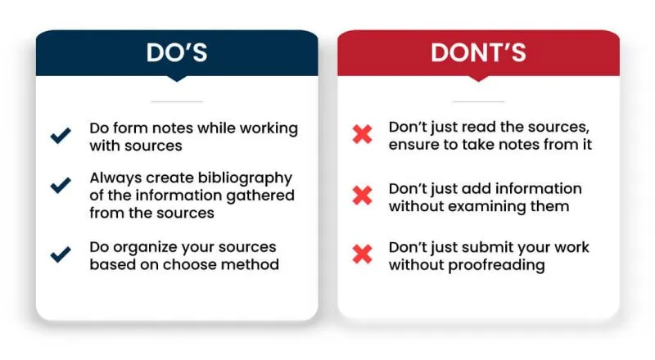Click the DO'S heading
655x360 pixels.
[x=177, y=52]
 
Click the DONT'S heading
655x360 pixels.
[x=478, y=52]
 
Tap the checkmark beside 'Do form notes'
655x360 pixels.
[x=61, y=136]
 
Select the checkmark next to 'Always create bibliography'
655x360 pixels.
[x=61, y=186]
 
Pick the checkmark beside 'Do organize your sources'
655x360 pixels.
[x=61, y=254]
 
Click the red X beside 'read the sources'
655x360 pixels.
[x=362, y=134]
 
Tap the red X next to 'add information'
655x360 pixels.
[x=362, y=196]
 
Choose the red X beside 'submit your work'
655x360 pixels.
[x=362, y=254]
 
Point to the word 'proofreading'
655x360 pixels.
[x=496, y=266]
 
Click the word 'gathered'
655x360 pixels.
[x=260, y=196]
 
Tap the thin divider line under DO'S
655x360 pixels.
[x=177, y=101]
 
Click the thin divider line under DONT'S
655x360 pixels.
[x=478, y=101]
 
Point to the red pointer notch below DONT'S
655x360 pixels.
[x=478, y=79]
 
